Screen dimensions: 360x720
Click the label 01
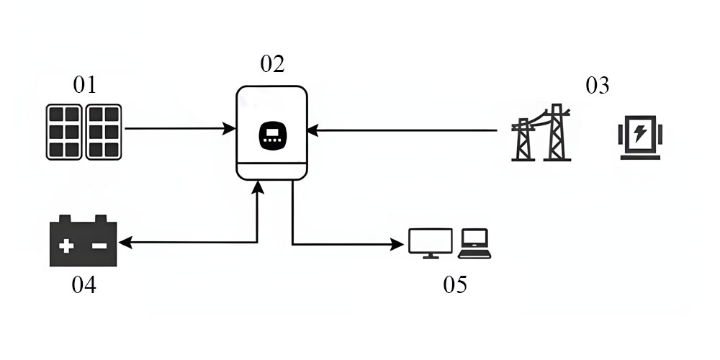(84, 85)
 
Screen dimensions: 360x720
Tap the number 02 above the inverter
(272, 63)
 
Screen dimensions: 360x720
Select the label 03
(597, 86)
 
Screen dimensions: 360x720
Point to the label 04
(84, 285)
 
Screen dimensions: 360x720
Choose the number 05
(455, 284)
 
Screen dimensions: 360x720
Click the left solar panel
(64, 132)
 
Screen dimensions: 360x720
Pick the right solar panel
(104, 132)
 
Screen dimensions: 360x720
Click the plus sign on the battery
(66, 246)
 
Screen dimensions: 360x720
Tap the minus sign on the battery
(99, 246)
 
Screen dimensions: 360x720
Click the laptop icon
(474, 243)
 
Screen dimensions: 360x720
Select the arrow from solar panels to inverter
(180, 130)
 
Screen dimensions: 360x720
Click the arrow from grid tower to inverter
(403, 130)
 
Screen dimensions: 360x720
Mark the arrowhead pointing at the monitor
(397, 245)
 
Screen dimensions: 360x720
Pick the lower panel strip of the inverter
(272, 171)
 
